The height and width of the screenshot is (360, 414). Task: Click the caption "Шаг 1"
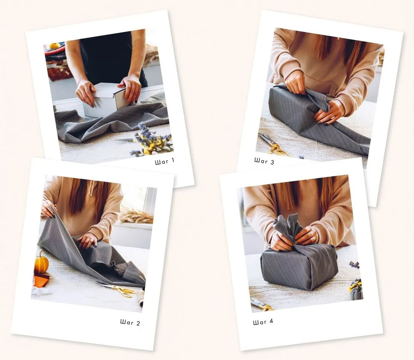coord(164,161)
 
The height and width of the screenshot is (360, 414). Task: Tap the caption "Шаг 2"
coord(130,322)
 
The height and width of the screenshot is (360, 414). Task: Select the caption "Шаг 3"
coord(264,161)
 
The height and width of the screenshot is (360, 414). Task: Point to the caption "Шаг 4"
coord(263,322)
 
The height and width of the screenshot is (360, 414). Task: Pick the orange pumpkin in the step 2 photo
coord(41,262)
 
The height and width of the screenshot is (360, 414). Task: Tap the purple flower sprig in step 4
coord(354,264)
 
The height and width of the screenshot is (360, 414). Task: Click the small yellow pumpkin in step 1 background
coord(55,46)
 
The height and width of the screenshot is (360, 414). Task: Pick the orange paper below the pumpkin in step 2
coord(41,280)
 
